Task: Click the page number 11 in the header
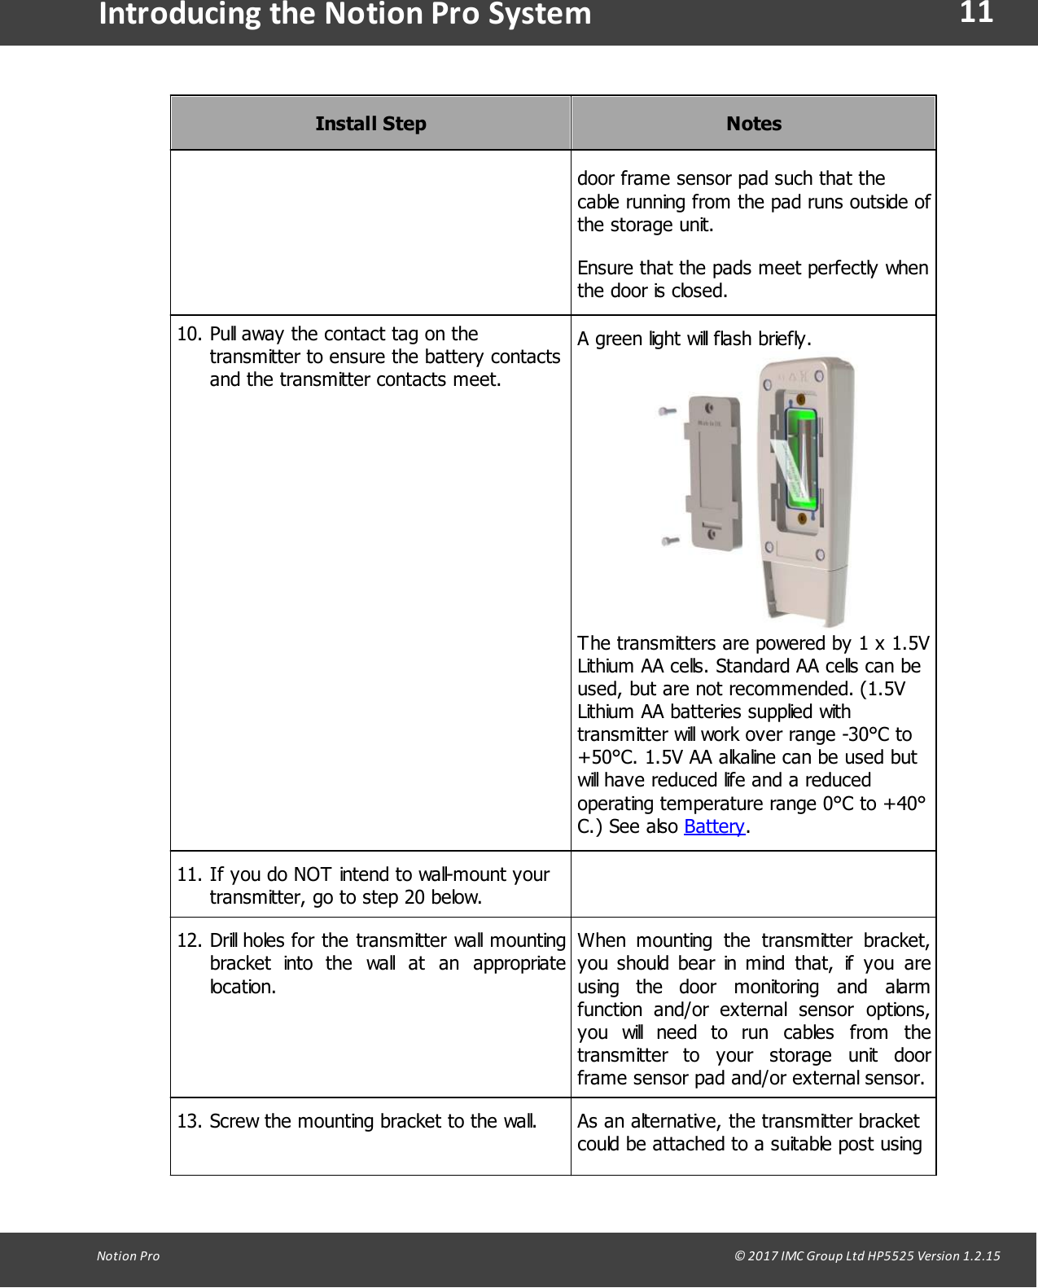(x=975, y=14)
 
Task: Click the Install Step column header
(x=370, y=124)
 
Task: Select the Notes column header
(x=753, y=124)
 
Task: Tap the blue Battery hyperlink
(x=714, y=826)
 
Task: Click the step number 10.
(x=189, y=334)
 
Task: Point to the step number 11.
(x=189, y=874)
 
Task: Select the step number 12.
(x=189, y=940)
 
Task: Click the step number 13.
(x=189, y=1121)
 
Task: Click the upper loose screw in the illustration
(x=668, y=412)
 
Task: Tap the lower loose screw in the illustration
(x=670, y=541)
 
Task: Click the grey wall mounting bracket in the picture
(x=714, y=472)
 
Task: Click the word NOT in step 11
(x=312, y=874)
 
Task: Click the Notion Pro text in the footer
(x=128, y=1255)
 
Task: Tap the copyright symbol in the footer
(x=739, y=1255)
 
